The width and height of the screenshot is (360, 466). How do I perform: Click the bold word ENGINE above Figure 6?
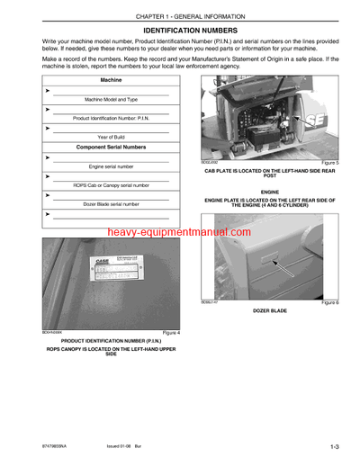pos(270,192)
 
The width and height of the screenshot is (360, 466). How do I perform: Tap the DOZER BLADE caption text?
pos(270,311)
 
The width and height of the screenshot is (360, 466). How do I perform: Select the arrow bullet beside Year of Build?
pos(47,128)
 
